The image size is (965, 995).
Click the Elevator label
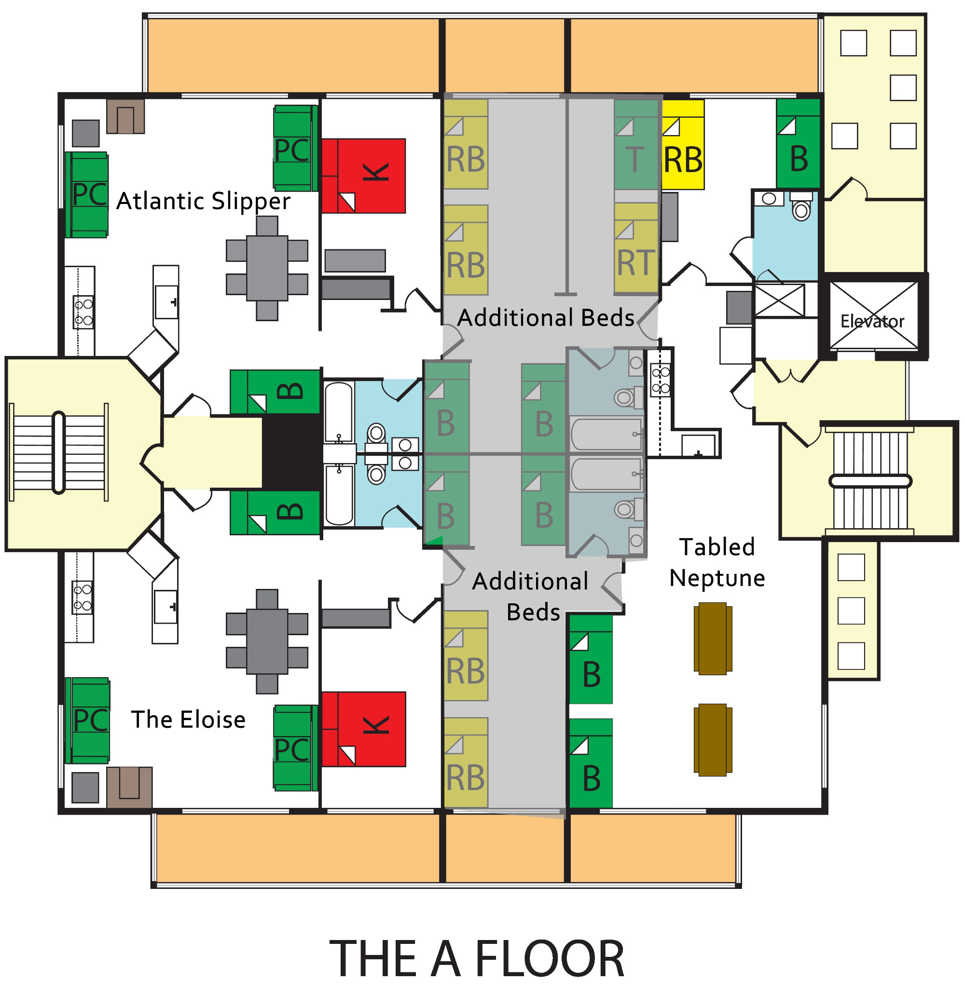872,321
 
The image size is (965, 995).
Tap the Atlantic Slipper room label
204,201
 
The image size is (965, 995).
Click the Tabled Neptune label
717,562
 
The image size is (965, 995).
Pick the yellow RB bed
683,144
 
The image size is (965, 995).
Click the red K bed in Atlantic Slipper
364,176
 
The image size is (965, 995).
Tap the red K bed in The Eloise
364,729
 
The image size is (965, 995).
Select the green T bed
636,144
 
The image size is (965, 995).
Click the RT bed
636,249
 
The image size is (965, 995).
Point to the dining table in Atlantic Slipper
267,268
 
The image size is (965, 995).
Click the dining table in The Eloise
267,641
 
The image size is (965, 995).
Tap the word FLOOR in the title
550,959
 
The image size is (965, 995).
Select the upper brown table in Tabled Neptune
713,639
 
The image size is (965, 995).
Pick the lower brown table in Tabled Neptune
713,740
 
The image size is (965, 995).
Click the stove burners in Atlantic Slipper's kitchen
83,312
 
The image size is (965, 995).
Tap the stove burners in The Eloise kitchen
83,598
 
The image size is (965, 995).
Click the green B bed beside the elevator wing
799,144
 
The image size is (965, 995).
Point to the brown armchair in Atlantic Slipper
125,116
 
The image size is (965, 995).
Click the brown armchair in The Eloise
129,786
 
